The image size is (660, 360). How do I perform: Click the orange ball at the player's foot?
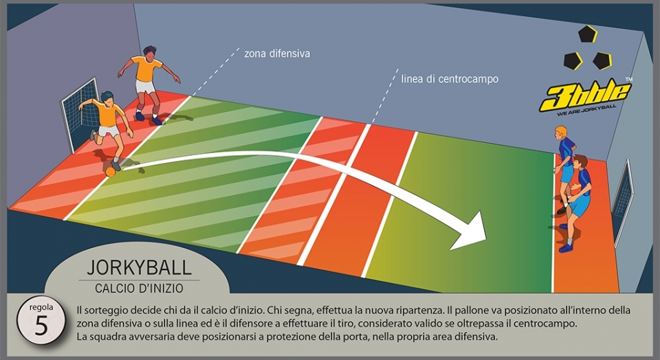click(x=110, y=172)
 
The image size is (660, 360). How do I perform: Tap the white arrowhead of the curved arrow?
click(x=470, y=232)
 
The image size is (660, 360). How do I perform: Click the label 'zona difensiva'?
click(x=277, y=54)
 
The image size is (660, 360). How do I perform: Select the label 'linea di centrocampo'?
click(x=450, y=79)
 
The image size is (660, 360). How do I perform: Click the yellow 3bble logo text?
click(x=586, y=96)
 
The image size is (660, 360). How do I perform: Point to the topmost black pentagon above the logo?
click(x=588, y=34)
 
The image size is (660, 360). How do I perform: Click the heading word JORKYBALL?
click(x=140, y=267)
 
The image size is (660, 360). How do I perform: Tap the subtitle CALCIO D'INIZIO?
click(x=140, y=289)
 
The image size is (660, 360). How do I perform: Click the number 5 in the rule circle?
click(x=41, y=325)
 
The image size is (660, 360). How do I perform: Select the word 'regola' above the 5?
click(x=41, y=307)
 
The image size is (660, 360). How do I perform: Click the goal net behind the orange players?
click(x=80, y=111)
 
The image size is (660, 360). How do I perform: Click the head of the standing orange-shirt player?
click(x=149, y=53)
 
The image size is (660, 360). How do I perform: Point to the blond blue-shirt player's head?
click(x=561, y=132)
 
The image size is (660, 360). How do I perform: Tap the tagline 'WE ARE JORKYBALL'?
click(x=586, y=111)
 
